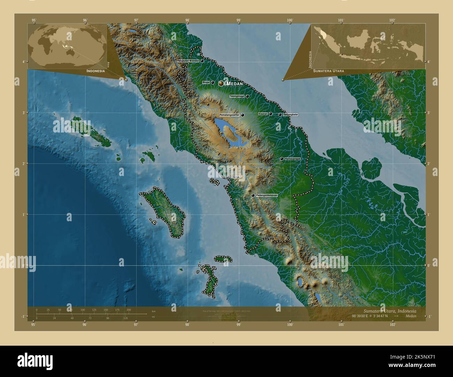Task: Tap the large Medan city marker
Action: [221, 83]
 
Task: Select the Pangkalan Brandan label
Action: [188, 61]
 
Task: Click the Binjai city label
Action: [206, 82]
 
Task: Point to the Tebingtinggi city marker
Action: [247, 96]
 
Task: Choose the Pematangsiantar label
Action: [229, 115]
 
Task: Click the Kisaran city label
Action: [263, 114]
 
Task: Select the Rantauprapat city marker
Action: [282, 159]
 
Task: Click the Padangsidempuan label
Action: [267, 195]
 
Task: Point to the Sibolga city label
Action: [236, 177]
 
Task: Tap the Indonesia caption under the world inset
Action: [95, 71]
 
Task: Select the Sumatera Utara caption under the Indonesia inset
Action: [328, 71]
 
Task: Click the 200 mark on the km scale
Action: [129, 310]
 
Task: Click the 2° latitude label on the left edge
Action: [23, 163]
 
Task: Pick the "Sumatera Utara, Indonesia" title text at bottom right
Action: [390, 311]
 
